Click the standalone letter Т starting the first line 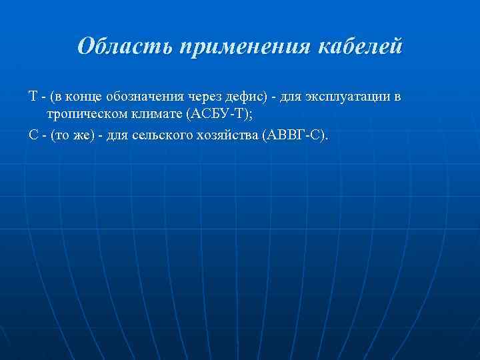(32, 97)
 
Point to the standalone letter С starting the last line (33, 135)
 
